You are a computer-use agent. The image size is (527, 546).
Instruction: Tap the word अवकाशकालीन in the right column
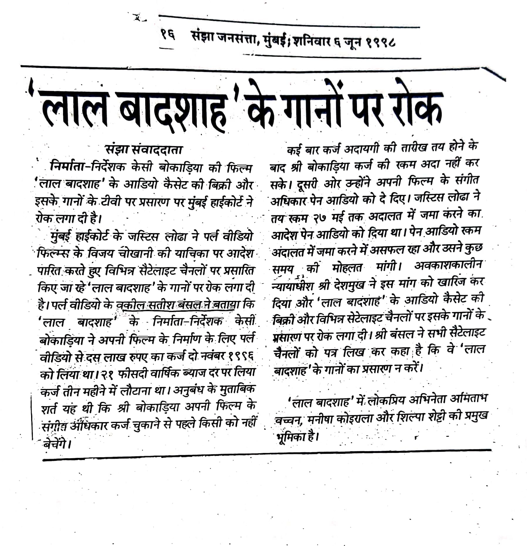click(x=448, y=266)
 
